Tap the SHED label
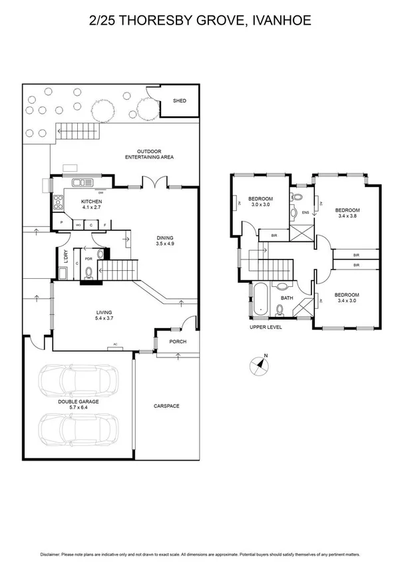[x=179, y=101]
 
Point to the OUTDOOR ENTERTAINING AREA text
[x=150, y=154]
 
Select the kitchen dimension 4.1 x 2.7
[x=90, y=207]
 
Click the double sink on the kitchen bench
[x=84, y=182]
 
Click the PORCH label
[x=178, y=342]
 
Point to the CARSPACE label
[x=166, y=406]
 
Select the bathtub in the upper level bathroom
[x=259, y=299]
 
